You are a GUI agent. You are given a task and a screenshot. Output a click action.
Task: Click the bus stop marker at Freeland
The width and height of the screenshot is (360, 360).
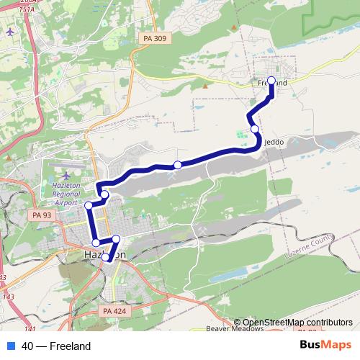point(271,81)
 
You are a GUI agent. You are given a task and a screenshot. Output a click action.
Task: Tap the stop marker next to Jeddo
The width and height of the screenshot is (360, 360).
point(255,129)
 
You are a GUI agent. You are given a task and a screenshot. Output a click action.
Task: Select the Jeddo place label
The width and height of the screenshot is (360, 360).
point(274,142)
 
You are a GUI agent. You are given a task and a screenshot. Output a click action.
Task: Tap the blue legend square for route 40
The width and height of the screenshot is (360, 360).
point(11,346)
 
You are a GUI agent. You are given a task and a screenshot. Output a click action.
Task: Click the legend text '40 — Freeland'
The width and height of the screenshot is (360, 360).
point(56,346)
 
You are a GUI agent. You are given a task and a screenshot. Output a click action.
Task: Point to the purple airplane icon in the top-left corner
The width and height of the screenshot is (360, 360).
point(9,32)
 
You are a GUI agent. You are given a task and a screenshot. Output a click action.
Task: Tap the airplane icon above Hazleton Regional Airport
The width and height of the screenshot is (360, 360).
point(66,175)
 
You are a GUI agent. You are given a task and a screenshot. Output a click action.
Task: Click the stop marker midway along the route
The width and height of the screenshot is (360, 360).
point(178,165)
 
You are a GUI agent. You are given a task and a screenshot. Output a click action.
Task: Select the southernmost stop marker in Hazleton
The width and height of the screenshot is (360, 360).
point(106,257)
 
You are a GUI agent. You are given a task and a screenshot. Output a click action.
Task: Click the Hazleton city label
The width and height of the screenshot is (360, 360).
point(105,255)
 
